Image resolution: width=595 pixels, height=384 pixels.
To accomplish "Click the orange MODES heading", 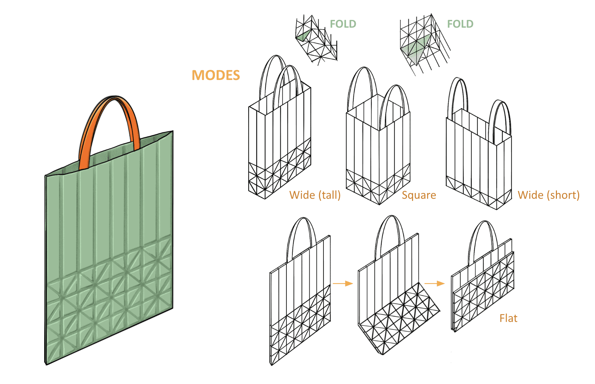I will (x=216, y=75).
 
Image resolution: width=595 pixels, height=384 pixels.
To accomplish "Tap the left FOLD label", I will (x=343, y=24).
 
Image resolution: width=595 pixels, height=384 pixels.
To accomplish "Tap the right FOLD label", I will (x=460, y=24).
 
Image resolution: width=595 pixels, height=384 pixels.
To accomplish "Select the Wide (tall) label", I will (x=315, y=195).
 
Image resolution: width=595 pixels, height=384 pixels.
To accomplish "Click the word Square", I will (x=419, y=195).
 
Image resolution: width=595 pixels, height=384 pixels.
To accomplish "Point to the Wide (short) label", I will (x=548, y=195).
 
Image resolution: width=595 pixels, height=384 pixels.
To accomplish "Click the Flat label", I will (x=508, y=318).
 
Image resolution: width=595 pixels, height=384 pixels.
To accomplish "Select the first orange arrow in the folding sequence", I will (x=343, y=283).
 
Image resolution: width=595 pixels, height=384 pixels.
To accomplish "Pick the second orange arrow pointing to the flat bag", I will (x=434, y=283).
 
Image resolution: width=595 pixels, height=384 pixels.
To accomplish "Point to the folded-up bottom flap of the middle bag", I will (x=399, y=317).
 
